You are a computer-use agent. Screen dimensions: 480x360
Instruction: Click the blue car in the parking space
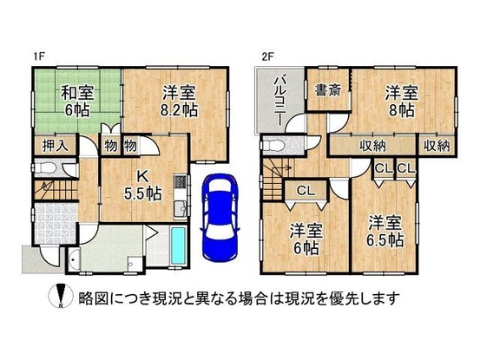(220, 217)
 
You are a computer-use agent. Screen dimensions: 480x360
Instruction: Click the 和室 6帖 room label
(77, 101)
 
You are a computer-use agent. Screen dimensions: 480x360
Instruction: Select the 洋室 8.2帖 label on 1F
(179, 101)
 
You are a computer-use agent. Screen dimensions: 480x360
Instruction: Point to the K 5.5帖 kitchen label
(142, 185)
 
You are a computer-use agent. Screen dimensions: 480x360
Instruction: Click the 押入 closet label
(55, 146)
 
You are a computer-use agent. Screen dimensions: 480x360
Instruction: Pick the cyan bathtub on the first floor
(178, 245)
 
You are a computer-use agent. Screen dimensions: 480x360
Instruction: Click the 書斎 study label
(328, 90)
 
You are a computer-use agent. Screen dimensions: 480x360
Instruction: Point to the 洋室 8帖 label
(402, 101)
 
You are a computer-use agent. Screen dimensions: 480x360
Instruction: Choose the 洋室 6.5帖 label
(385, 232)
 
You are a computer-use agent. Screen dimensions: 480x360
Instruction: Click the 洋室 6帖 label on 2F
(306, 239)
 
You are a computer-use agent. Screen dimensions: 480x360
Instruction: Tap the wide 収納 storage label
(372, 146)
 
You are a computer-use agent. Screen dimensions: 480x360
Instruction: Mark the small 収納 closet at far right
(437, 146)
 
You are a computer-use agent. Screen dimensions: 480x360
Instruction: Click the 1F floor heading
(39, 57)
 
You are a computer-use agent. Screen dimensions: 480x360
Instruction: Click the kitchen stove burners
(180, 181)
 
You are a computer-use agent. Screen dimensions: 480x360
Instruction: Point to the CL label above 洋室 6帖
(306, 191)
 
